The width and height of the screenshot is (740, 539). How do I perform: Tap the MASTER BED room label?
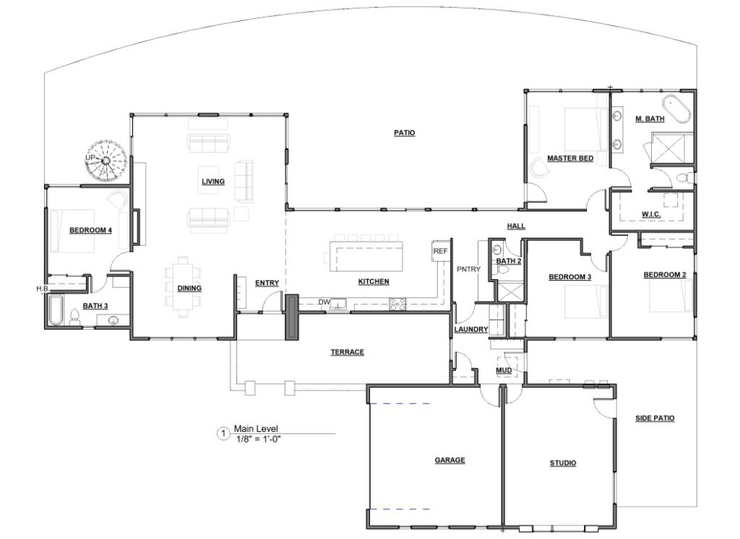pyautogui.click(x=570, y=158)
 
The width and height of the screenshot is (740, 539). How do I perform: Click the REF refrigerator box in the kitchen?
pyautogui.click(x=440, y=251)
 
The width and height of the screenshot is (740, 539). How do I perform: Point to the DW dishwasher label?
pyautogui.click(x=324, y=302)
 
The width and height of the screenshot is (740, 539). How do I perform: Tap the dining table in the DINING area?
pyautogui.click(x=183, y=287)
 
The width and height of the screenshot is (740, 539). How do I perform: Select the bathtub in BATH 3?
pyautogui.click(x=56, y=310)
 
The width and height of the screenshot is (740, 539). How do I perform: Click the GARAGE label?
pyautogui.click(x=449, y=460)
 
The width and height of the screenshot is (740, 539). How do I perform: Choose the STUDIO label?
pyautogui.click(x=563, y=463)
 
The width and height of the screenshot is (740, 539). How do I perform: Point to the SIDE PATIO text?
pyautogui.click(x=655, y=418)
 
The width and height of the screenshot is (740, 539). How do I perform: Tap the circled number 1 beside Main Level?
pyautogui.click(x=223, y=433)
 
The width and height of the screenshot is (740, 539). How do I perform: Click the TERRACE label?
pyautogui.click(x=348, y=352)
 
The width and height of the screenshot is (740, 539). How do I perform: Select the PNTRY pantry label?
pyautogui.click(x=468, y=269)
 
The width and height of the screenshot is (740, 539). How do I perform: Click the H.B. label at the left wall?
pyautogui.click(x=42, y=288)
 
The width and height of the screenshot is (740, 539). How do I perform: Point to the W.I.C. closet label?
pyautogui.click(x=651, y=214)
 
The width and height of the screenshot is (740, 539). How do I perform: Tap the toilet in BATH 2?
pyautogui.click(x=503, y=271)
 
